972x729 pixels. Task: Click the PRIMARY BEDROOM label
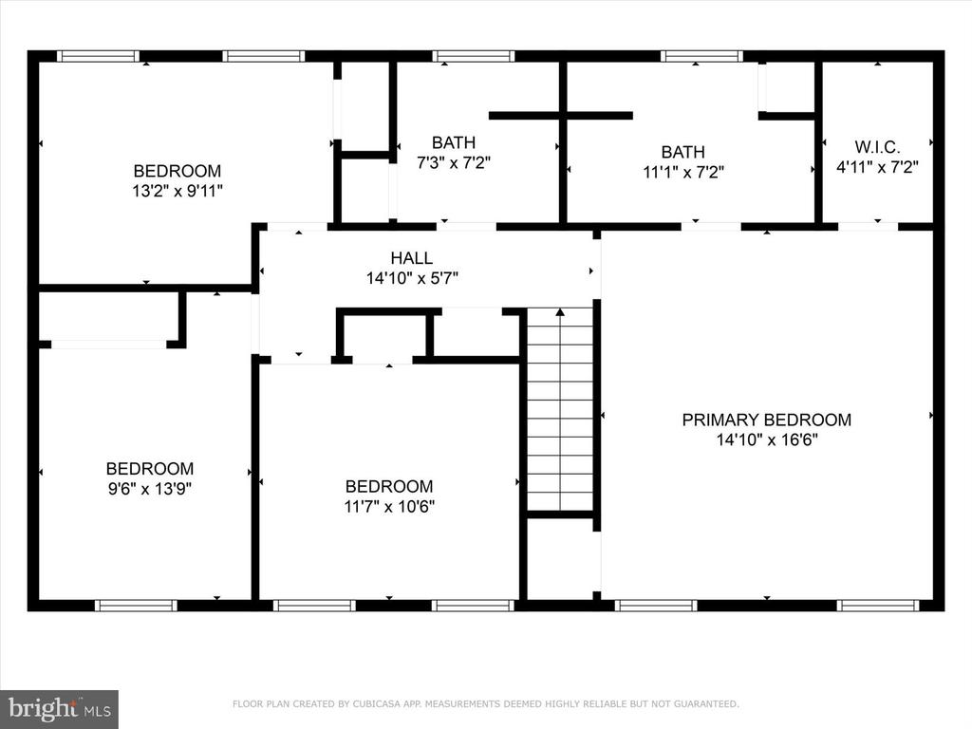pos(766,420)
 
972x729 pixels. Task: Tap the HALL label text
pos(412,258)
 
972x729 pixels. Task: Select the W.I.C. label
pos(877,147)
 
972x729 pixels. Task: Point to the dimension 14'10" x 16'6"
pos(767,440)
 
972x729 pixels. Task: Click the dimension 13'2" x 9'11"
pos(178,191)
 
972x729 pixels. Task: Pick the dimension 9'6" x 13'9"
pos(149,489)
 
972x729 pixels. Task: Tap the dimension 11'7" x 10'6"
pos(389,507)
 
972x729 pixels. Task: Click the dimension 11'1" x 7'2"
pos(683,172)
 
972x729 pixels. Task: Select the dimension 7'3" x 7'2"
pos(454,162)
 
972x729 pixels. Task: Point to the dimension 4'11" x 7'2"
pos(877,167)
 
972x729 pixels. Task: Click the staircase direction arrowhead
pos(560,312)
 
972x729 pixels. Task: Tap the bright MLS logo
pos(60,709)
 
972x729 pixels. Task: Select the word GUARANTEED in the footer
pos(706,703)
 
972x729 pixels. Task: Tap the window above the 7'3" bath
pos(474,56)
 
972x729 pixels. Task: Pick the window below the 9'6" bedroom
pos(136,605)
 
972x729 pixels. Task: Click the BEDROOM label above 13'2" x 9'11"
pos(178,171)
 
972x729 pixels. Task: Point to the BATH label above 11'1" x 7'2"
pos(683,152)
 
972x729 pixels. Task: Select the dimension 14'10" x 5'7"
pos(412,278)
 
